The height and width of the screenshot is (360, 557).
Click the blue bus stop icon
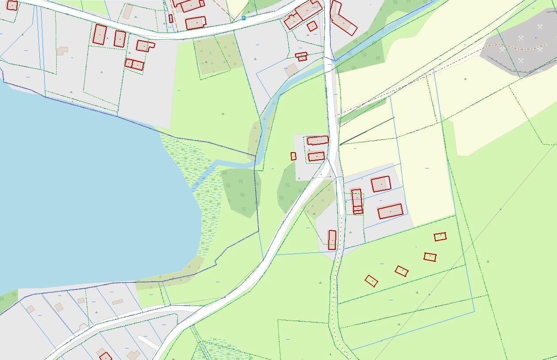pos(244,18)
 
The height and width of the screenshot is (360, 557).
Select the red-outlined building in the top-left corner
pos(12,5)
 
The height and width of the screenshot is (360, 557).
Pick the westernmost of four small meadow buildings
pos(371,281)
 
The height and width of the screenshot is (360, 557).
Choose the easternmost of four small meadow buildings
pos(440,237)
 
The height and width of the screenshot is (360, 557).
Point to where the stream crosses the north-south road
pos(330,65)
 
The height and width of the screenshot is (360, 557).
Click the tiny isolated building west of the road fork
pos(293,156)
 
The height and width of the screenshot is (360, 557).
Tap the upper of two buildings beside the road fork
pos(318,141)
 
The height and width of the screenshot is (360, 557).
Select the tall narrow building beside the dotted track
pos(332,240)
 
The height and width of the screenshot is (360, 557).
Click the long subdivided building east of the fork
pos(357,201)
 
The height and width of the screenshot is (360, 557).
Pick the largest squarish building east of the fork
pos(381,184)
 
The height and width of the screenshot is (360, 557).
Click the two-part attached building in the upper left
pos(134,64)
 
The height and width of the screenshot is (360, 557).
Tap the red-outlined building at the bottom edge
pos(105,356)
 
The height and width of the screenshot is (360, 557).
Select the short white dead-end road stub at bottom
pos(148,341)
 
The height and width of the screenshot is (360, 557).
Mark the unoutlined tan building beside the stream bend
pos(291,70)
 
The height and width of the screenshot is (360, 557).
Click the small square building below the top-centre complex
pos(312,26)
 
